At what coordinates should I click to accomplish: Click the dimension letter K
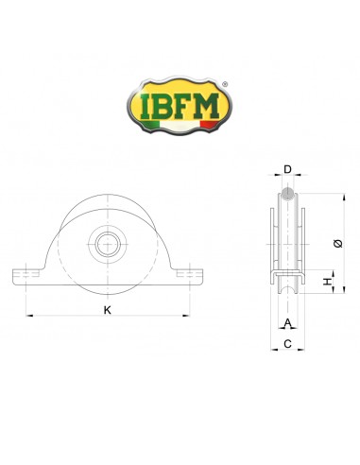108,310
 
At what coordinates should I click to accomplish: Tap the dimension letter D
288,169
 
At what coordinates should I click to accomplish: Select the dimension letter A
288,322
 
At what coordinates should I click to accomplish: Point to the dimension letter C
287,344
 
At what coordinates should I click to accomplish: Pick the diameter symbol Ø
338,244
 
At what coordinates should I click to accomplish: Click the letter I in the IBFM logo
146,106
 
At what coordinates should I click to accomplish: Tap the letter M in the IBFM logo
205,106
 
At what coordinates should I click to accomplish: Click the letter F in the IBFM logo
182,106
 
